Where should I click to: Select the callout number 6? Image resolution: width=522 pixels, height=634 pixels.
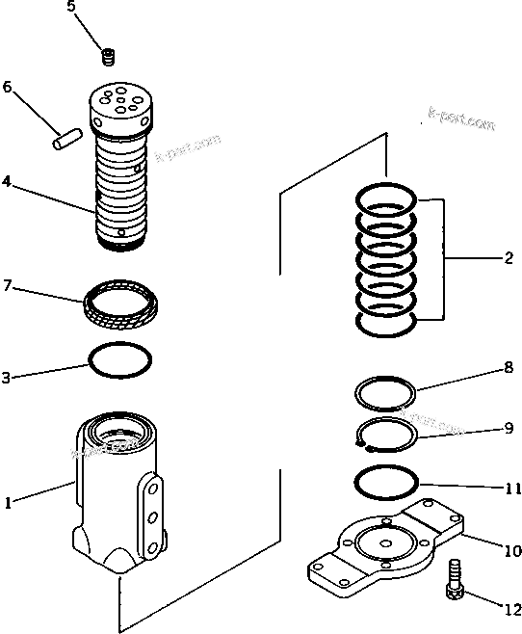point(8,88)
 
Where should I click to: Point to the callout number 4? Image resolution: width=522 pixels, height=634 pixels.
point(8,181)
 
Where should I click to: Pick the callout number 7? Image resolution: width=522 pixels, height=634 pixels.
point(8,285)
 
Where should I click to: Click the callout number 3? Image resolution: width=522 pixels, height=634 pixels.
point(8,379)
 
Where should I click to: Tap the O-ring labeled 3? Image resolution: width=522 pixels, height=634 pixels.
point(119,360)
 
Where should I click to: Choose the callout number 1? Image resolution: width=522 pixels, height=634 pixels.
point(8,501)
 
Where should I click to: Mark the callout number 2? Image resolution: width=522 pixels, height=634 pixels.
point(508,258)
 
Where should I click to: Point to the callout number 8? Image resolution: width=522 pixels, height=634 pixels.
point(508,366)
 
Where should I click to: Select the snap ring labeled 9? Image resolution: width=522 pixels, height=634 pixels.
point(386,434)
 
